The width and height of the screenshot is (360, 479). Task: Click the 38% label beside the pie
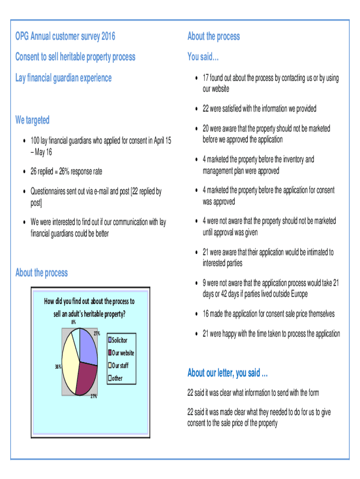coord(58,367)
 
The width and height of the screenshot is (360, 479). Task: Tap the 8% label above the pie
coord(73,322)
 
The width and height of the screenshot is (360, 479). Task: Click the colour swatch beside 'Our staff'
coord(110,365)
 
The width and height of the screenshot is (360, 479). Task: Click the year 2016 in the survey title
coord(107,36)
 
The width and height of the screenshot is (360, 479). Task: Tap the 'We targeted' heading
coord(32,120)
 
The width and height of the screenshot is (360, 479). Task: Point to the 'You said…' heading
coord(203,57)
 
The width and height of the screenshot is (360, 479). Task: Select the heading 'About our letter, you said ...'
coord(227,373)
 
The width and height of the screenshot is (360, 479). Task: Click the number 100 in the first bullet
coord(35,141)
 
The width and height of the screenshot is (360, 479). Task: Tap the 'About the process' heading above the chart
coord(42,273)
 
